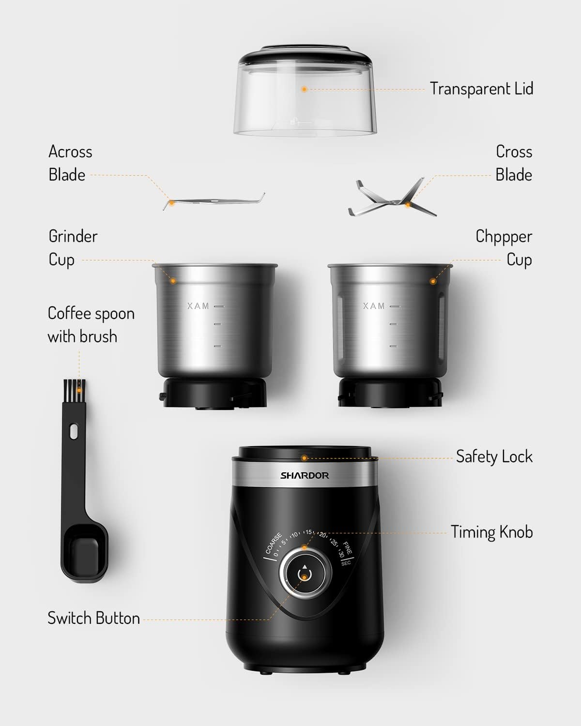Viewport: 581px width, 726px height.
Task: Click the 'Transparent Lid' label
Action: pos(481,89)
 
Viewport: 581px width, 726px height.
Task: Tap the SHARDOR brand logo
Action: pos(305,475)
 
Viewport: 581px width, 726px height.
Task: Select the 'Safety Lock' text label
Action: pos(494,456)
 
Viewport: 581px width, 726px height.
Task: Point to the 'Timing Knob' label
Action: pos(491,532)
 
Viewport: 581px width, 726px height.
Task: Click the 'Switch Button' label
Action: pos(93,618)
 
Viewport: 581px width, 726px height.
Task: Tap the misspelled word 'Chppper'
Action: pos(504,237)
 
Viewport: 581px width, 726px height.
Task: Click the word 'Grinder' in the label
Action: pos(73,237)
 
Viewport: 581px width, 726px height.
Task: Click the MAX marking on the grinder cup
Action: pos(199,306)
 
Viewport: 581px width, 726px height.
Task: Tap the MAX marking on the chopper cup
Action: pos(374,306)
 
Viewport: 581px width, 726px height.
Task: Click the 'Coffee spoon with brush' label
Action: pos(91,325)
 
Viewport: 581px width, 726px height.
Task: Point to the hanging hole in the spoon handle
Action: pos(74,431)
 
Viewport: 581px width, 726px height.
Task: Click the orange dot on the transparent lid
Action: pos(304,89)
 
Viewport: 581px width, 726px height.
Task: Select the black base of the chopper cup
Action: pos(390,392)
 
